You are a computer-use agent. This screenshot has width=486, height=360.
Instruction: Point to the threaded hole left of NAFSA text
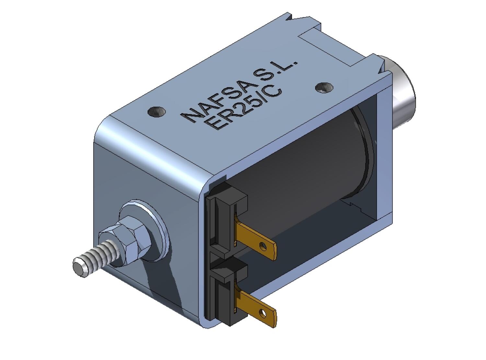156,112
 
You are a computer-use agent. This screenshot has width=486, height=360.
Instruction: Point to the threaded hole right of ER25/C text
323,87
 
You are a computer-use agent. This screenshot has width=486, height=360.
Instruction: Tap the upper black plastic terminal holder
227,214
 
